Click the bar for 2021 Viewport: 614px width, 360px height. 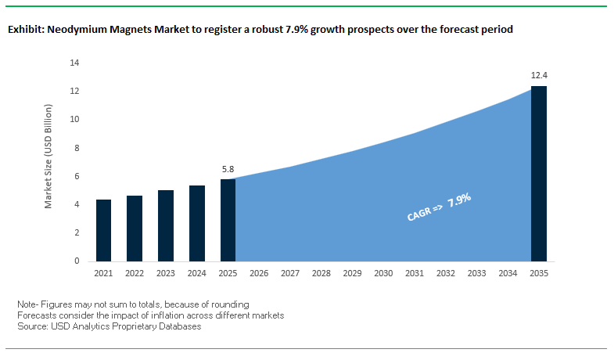tap(104, 230)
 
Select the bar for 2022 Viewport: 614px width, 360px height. tap(135, 228)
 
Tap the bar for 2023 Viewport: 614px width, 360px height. tap(166, 225)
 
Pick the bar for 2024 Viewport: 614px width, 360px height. tap(197, 223)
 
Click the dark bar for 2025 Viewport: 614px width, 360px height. tap(228, 220)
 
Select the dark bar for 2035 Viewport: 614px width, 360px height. tap(538, 174)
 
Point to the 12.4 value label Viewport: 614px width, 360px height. tap(538, 76)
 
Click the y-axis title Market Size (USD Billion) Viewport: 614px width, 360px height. tap(48, 161)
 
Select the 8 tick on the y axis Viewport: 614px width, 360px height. tap(77, 148)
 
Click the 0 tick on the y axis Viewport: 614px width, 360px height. tap(77, 261)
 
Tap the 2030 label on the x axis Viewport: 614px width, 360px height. tap(383, 273)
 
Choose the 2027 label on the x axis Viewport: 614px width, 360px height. tap(290, 273)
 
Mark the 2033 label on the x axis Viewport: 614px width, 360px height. tap(476, 273)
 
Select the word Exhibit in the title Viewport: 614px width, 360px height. tap(26, 30)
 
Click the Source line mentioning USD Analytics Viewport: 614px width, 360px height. tap(109, 326)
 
